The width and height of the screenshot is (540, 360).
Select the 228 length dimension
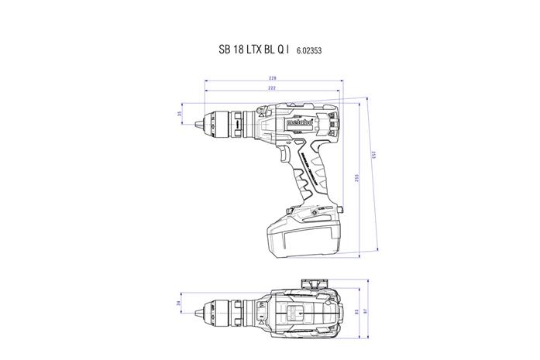(273, 79)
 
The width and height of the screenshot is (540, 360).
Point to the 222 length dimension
(273, 90)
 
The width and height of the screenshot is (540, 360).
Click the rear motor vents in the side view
(333, 121)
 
